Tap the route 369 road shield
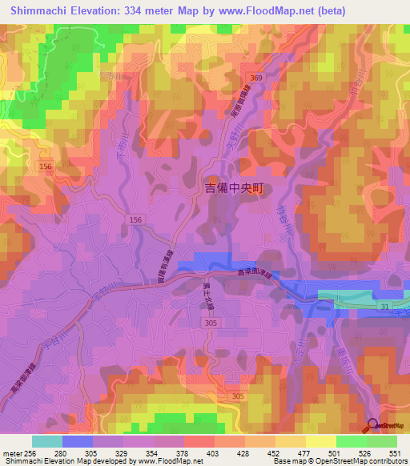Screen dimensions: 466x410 255,76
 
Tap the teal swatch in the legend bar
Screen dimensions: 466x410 47,441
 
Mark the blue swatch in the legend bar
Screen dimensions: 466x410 78,441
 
